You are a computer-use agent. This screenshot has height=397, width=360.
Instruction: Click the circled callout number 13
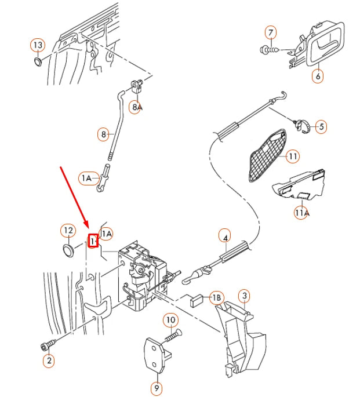pyautogui.click(x=38, y=45)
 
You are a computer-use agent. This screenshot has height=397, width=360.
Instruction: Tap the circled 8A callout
pyautogui.click(x=136, y=107)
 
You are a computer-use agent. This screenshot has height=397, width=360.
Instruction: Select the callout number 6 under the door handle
pyautogui.click(x=318, y=76)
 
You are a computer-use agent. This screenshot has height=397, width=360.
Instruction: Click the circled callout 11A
pyautogui.click(x=301, y=213)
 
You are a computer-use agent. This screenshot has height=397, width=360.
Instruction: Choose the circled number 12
pyautogui.click(x=68, y=231)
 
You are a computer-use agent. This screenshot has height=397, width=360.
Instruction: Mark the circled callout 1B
pyautogui.click(x=216, y=298)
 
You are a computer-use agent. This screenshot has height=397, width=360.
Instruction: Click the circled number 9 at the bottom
pyautogui.click(x=157, y=388)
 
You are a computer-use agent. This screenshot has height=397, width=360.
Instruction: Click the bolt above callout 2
pyautogui.click(x=45, y=346)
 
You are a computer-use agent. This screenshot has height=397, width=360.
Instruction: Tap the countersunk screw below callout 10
pyautogui.click(x=173, y=334)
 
